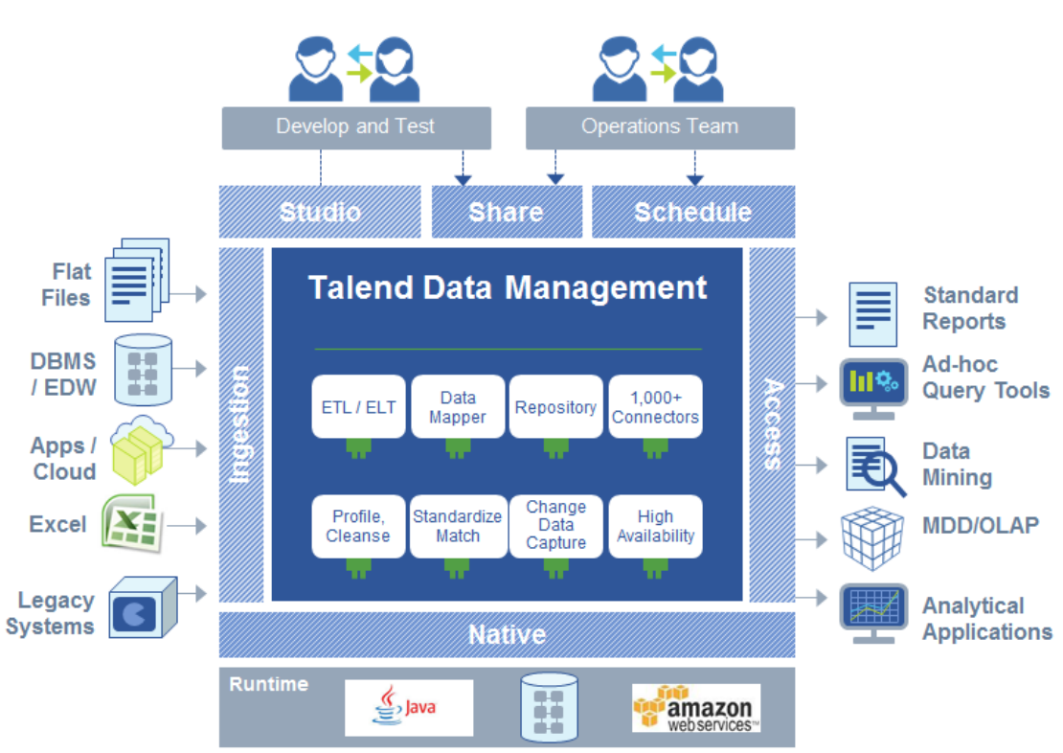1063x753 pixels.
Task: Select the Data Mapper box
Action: (x=458, y=407)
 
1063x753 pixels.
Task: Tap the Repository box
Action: (x=555, y=407)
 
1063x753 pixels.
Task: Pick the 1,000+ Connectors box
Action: (x=655, y=407)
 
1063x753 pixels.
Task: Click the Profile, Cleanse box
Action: (x=358, y=527)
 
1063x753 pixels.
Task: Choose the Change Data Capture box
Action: (x=555, y=525)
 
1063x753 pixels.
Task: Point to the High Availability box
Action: (x=655, y=527)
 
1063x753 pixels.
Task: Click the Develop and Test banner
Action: (x=355, y=126)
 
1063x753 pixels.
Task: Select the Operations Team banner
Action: (x=660, y=126)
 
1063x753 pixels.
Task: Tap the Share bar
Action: (x=506, y=212)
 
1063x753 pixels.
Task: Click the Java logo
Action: (x=409, y=708)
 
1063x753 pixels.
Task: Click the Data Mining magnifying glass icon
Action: (x=874, y=466)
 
